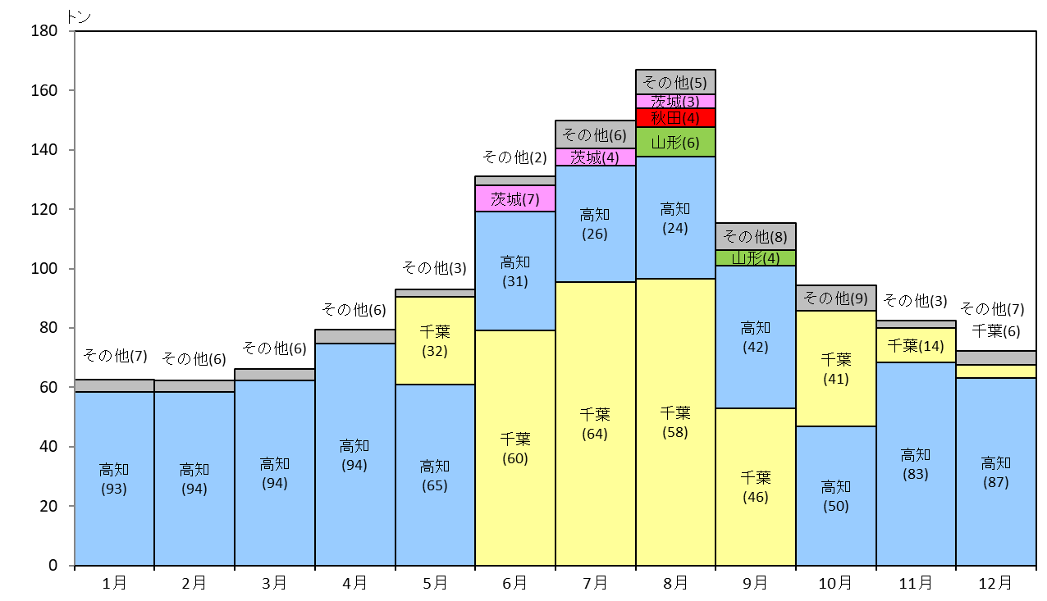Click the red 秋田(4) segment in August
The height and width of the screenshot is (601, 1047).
[675, 118]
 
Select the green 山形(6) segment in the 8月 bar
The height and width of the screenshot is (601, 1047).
[675, 142]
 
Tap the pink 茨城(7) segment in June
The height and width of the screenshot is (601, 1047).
[515, 198]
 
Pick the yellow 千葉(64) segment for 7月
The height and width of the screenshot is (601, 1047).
[595, 424]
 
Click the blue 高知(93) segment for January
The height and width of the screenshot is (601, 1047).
[115, 479]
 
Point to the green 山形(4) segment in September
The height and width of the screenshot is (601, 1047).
[756, 258]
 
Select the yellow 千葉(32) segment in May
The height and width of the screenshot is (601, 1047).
[435, 341]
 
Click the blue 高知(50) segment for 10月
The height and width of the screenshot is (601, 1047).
[836, 496]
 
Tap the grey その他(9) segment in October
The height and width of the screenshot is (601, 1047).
[836, 298]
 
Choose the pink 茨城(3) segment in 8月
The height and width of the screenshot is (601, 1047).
[675, 102]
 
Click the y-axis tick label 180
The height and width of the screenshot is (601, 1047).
[44, 31]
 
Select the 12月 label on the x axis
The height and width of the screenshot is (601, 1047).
[995, 583]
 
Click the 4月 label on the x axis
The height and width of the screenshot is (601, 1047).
[354, 583]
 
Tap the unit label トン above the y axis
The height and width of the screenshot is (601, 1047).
[79, 17]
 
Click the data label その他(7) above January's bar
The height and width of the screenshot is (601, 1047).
[115, 356]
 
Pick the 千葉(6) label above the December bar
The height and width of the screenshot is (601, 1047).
[996, 331]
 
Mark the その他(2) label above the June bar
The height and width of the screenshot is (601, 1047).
[514, 157]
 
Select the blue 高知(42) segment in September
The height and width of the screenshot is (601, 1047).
[756, 337]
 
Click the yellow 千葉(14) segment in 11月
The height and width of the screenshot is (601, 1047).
[916, 345]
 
